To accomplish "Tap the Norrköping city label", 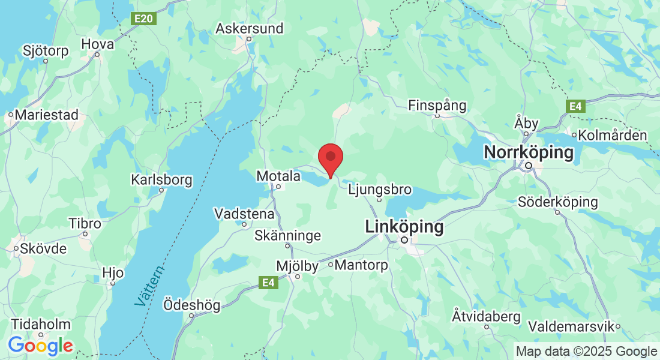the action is coord(529,152).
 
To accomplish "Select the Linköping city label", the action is coord(404,227).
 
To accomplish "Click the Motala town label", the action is coord(278,176).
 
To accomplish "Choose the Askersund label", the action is coord(249,28).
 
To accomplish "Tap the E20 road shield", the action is coord(144,19).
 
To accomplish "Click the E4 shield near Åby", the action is coord(575,106).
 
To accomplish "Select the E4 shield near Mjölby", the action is coord(268,281).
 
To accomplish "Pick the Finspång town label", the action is coord(437,106).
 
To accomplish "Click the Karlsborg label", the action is coord(161,179).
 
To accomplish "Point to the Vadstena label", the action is coord(244,214).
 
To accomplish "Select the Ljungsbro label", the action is coord(380,190).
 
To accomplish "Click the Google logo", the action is coord(40,346).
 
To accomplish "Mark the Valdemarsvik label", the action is coord(572,326).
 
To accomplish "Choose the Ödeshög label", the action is coord(192,305).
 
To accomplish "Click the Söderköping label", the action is coord(558,202).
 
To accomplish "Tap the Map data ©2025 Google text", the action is coord(586,352).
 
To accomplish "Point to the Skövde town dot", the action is coord(16,248).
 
